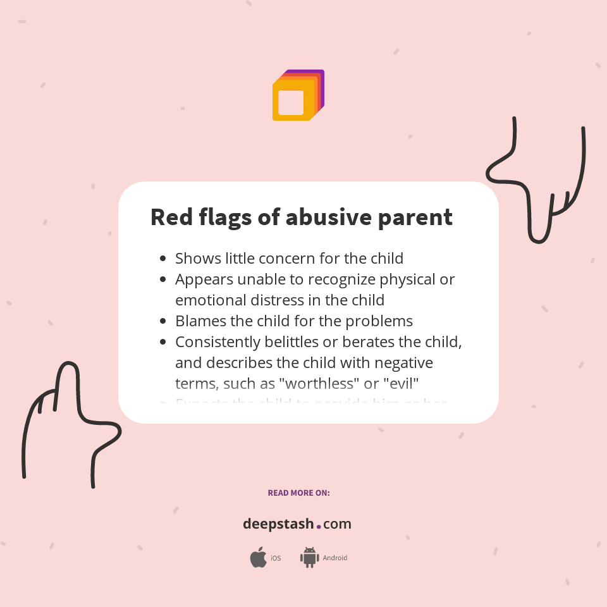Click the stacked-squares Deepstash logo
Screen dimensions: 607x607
tap(298, 95)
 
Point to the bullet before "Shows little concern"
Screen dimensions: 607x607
tap(163, 259)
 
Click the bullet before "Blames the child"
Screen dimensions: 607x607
tap(163, 321)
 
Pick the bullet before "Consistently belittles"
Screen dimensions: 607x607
tap(163, 342)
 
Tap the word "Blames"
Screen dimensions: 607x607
tap(200, 321)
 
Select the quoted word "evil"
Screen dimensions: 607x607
tap(402, 383)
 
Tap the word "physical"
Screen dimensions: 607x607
tap(411, 279)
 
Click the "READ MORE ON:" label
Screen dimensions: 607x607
tap(298, 493)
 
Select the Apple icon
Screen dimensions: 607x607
tap(258, 557)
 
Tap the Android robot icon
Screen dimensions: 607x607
tap(309, 557)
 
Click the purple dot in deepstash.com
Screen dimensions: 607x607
tap(319, 525)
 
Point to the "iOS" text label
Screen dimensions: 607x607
tap(276, 558)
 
